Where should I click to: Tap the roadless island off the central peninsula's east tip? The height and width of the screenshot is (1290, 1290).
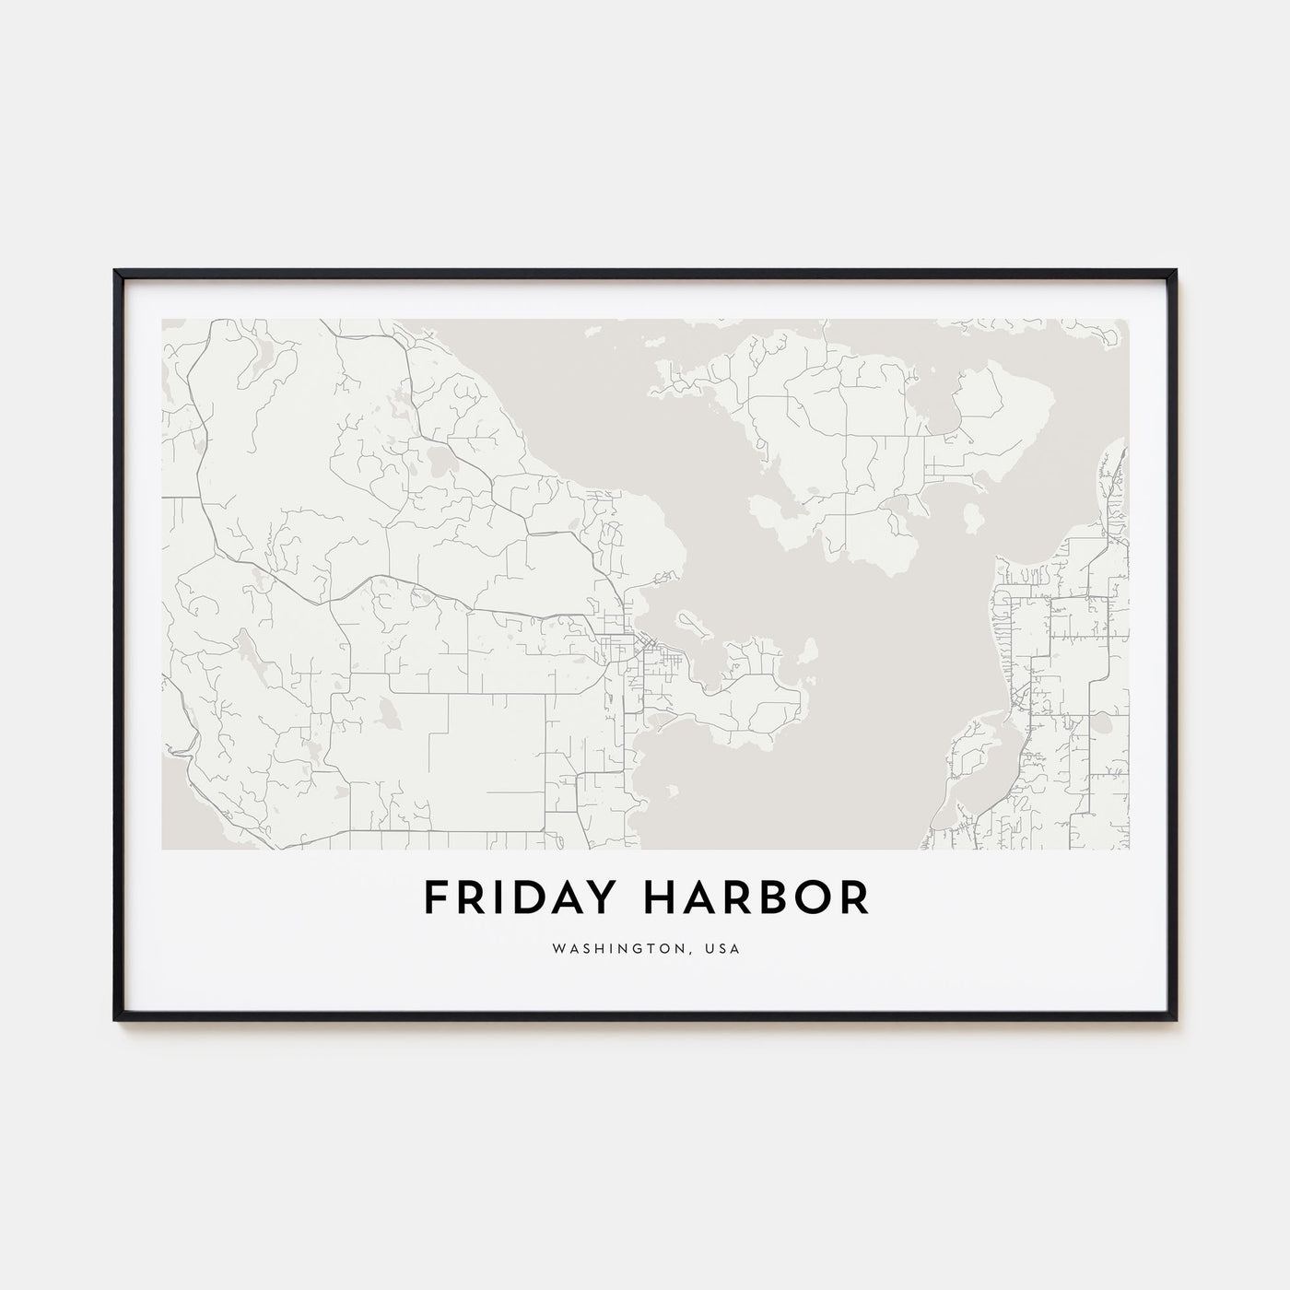[x=808, y=653]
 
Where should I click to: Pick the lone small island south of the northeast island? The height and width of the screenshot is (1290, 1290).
[x=971, y=519]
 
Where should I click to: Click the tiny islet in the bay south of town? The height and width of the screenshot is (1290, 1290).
[x=671, y=791]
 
